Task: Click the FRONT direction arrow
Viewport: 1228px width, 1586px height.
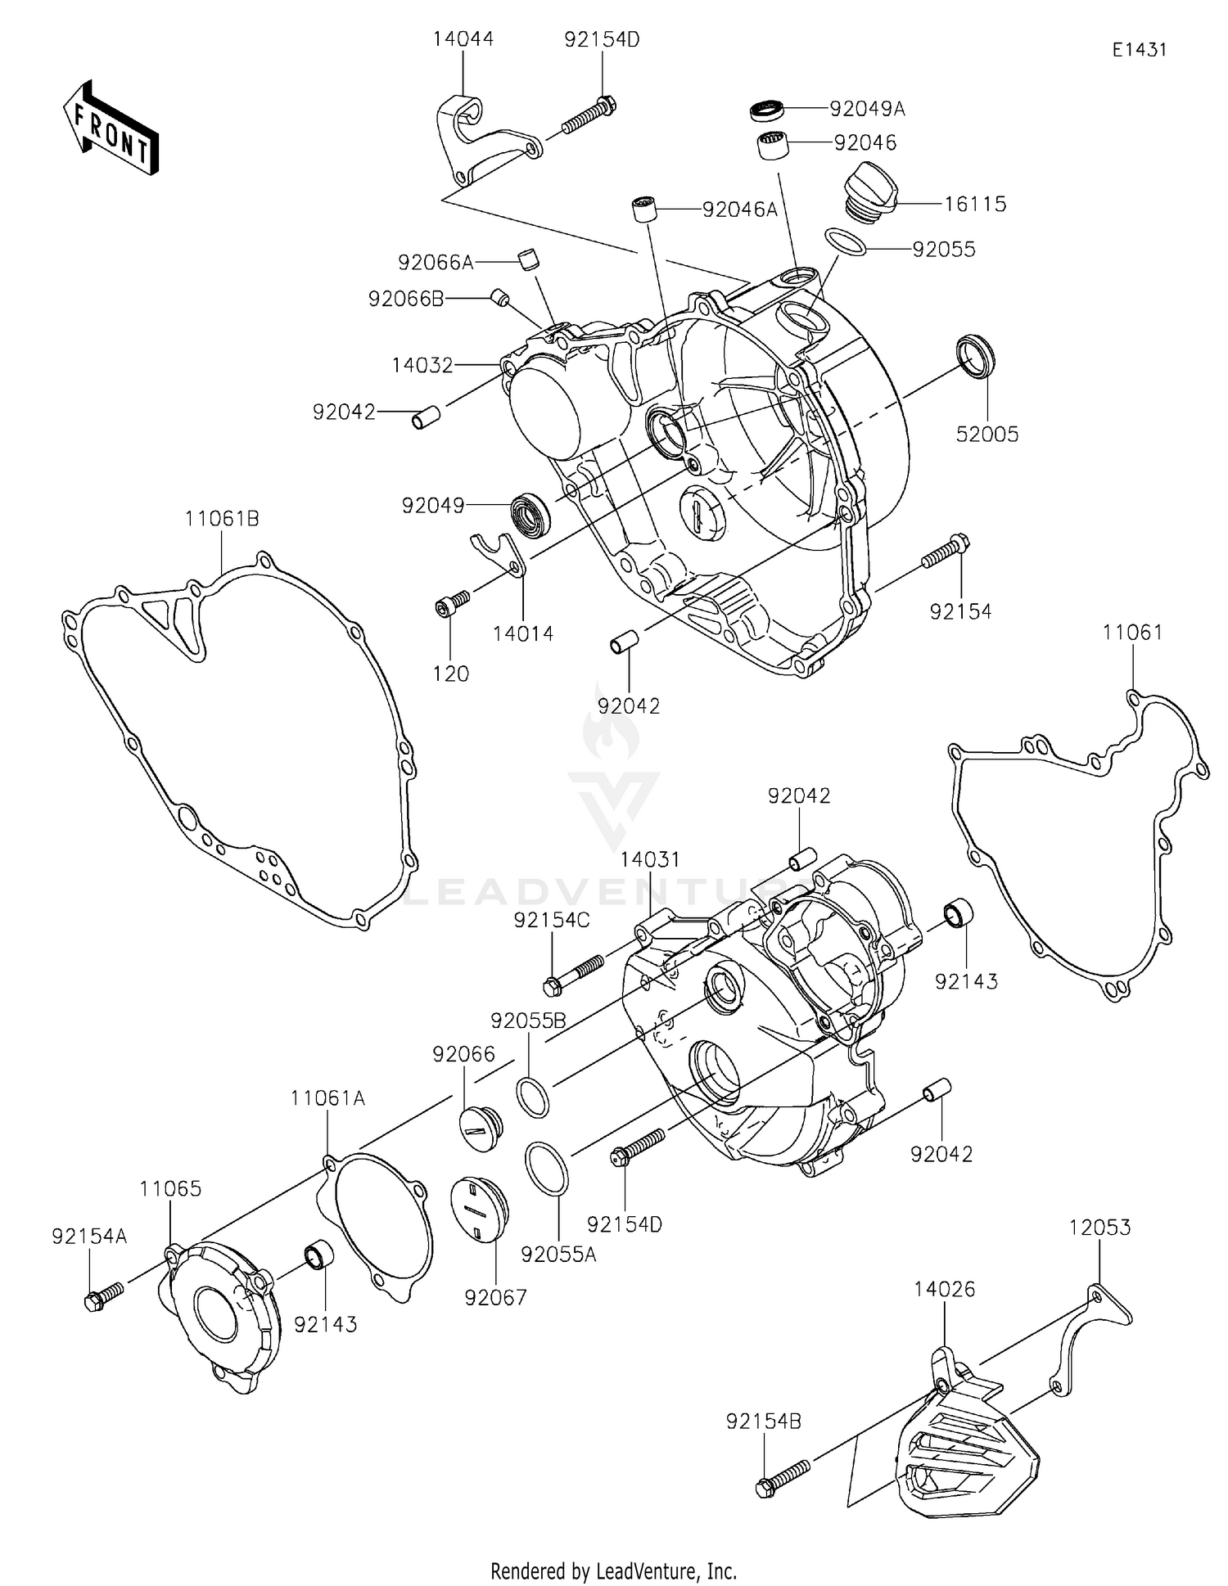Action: tap(110, 128)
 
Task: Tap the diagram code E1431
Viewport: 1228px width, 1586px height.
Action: tap(1139, 50)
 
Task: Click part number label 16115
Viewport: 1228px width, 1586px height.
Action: tap(975, 204)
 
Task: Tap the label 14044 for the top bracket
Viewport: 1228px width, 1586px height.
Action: tap(463, 38)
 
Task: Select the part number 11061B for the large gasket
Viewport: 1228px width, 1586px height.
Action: tap(222, 518)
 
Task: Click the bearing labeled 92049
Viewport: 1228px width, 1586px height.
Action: tap(530, 516)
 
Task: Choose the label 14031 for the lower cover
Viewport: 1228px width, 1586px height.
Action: tap(650, 859)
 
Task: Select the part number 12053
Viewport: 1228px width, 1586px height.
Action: tap(1099, 1228)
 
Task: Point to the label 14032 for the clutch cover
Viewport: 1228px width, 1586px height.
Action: tap(422, 365)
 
